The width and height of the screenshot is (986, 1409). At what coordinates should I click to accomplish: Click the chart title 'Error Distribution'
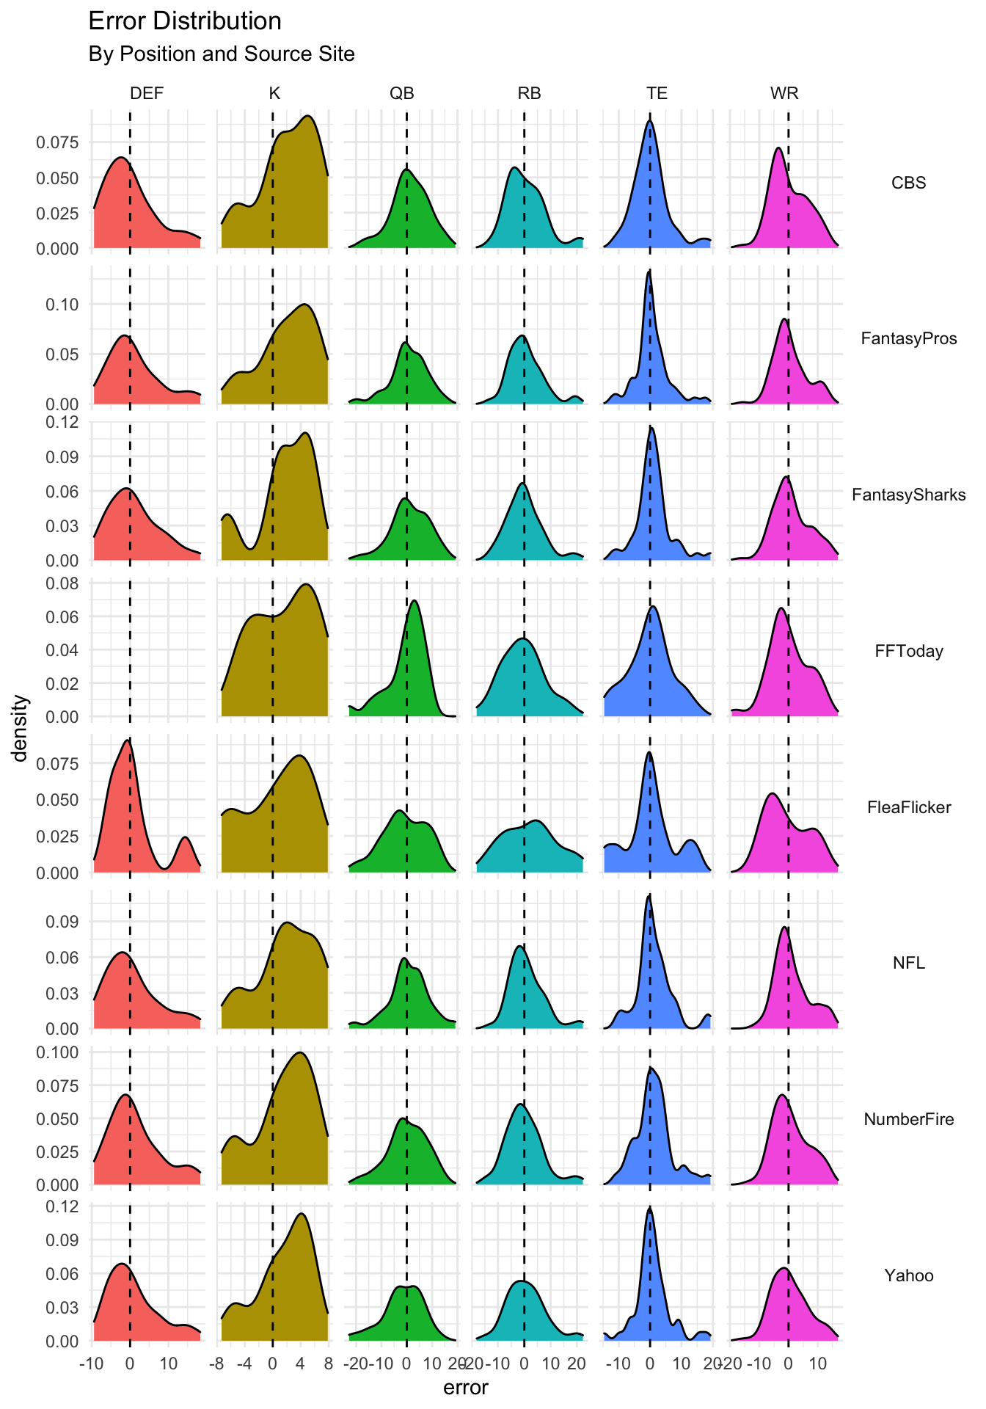click(x=185, y=21)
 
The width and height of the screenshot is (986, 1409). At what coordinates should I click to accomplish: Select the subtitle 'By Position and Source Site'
click(x=222, y=54)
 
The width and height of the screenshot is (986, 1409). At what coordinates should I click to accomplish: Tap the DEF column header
click(x=147, y=93)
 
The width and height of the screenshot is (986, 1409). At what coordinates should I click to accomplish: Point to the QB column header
click(x=402, y=93)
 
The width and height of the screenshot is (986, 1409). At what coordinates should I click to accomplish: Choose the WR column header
click(x=784, y=93)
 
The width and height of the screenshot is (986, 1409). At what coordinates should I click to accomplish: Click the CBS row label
click(x=908, y=183)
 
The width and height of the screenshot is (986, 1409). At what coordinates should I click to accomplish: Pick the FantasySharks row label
click(x=908, y=495)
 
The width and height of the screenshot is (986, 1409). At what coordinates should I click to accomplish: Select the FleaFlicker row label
click(x=908, y=807)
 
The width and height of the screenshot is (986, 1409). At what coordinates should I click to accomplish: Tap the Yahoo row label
click(x=908, y=1275)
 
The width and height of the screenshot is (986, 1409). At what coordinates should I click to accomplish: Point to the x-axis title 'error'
click(x=466, y=1388)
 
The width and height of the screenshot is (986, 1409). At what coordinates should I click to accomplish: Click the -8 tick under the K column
click(x=216, y=1364)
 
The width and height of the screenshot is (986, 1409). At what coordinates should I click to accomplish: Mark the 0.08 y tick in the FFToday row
click(x=64, y=583)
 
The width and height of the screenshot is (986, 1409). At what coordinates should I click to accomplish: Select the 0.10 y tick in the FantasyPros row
click(x=64, y=304)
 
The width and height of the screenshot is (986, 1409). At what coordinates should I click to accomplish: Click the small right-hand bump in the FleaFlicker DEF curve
click(x=185, y=838)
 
